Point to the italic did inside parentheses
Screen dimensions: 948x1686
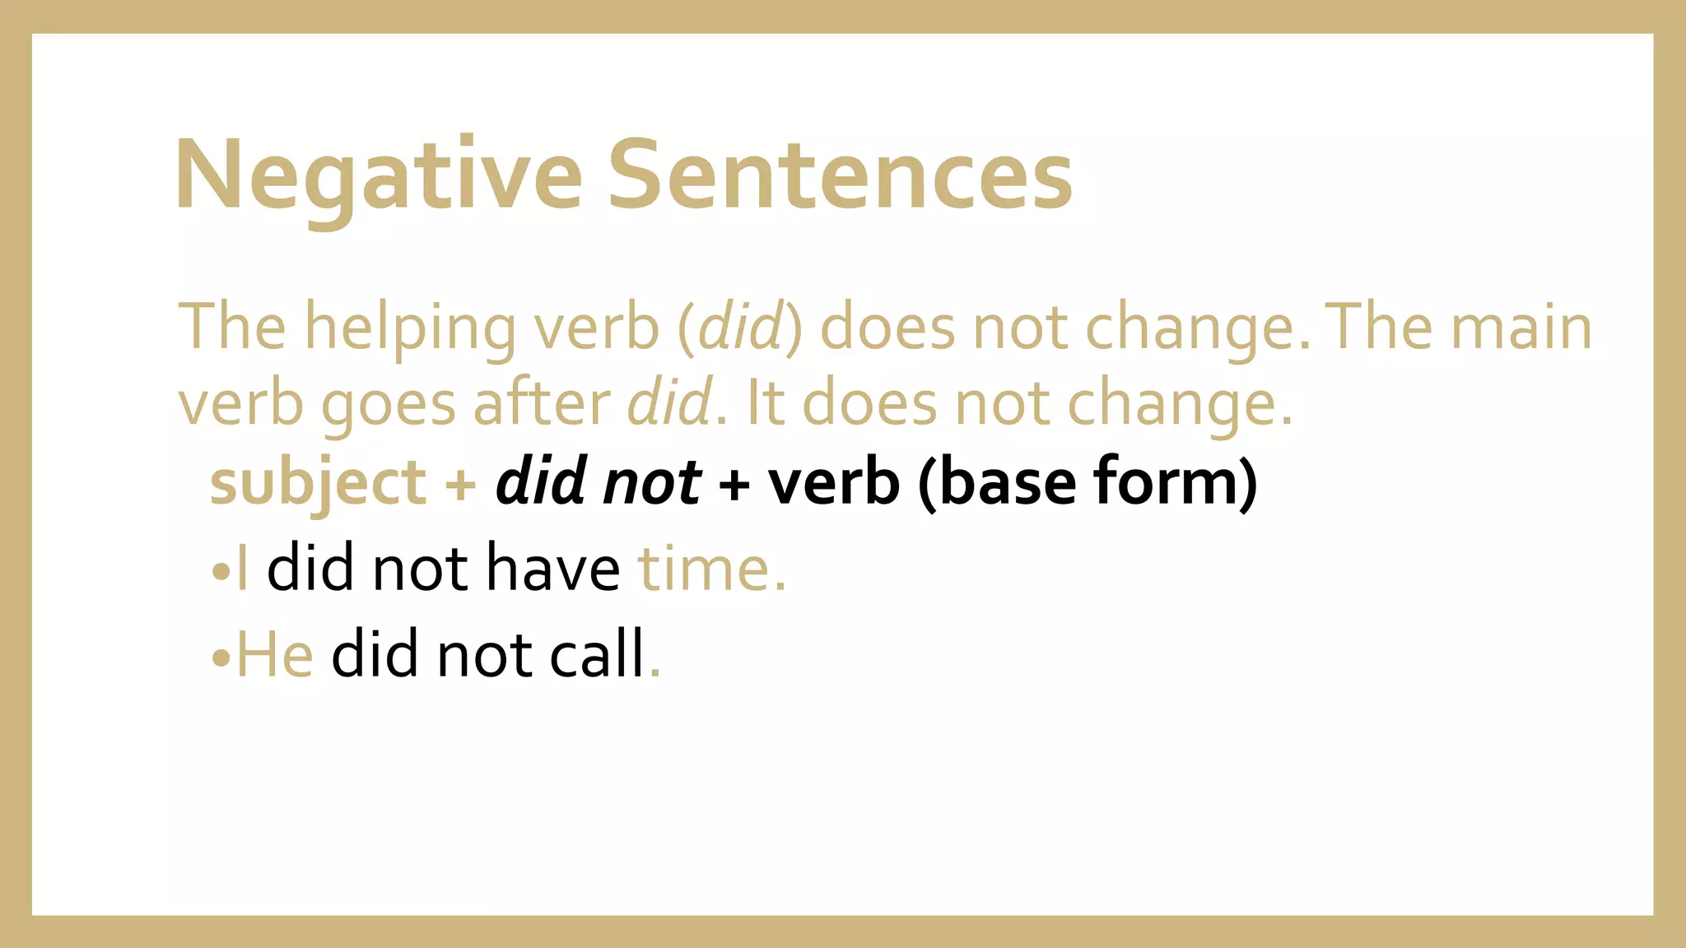coord(739,328)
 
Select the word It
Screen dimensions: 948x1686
coord(764,403)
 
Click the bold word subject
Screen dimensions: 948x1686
coord(318,484)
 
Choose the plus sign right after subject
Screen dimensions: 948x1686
coord(460,484)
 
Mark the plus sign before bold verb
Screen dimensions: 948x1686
coord(734,484)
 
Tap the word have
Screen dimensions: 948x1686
coord(552,569)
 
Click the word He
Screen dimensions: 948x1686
coord(275,654)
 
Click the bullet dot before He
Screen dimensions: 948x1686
coord(221,658)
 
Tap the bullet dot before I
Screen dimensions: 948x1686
coord(221,571)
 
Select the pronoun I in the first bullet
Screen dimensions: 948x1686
coord(242,569)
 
